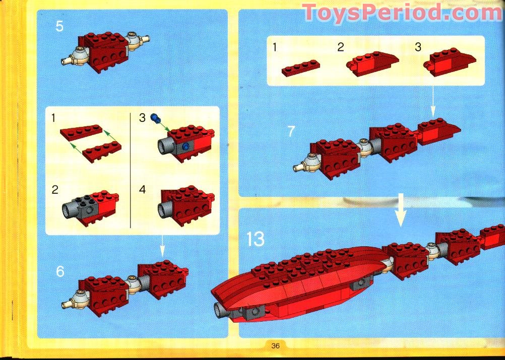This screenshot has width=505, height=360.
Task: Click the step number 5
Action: click(59, 26)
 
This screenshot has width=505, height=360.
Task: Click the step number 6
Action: click(60, 271)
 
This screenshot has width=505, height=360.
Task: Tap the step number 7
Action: click(291, 131)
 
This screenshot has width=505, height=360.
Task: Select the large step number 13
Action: click(256, 239)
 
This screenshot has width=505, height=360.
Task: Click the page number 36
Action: click(275, 345)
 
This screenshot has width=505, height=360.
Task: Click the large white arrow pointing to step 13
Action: click(401, 208)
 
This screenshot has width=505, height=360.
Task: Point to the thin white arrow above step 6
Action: click(162, 246)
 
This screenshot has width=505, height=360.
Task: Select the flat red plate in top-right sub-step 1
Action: click(301, 68)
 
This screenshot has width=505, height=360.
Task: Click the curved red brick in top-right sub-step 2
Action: click(371, 64)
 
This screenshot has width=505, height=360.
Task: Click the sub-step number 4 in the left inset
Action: click(143, 190)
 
